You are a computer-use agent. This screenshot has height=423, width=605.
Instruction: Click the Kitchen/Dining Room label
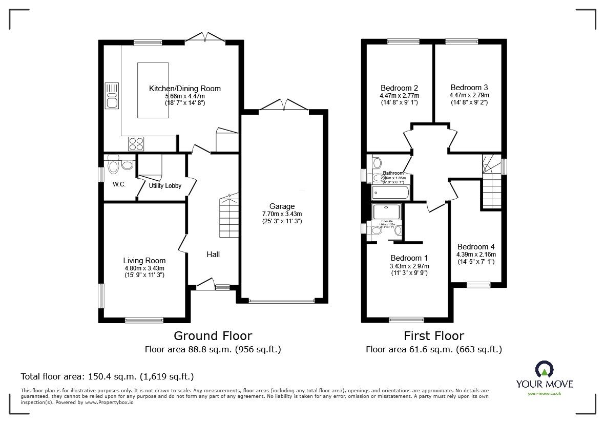pos(184,89)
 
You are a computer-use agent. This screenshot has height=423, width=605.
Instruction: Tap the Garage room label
pos(282,206)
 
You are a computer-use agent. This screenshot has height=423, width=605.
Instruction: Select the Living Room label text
pos(144,261)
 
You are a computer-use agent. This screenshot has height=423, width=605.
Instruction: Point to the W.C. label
pos(119,184)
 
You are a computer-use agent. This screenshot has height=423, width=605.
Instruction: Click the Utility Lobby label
pos(165,186)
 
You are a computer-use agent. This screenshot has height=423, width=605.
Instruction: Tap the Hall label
pos(213,254)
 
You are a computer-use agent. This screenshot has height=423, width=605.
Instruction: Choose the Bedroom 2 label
pos(399,87)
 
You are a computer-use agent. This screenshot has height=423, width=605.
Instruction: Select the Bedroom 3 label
pos(469,87)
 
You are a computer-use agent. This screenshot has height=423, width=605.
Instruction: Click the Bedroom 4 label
pos(476,246)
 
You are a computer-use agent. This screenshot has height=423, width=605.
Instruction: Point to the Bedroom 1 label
pos(409,258)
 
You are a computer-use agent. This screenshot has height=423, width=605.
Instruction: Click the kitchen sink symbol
pos(112,96)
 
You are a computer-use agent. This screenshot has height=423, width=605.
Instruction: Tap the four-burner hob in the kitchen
pos(136,143)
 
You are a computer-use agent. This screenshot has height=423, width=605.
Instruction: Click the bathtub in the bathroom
pos(390,194)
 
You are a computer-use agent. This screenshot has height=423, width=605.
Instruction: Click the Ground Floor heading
pos(213,336)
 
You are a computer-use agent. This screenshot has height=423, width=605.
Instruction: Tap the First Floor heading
pos(433,336)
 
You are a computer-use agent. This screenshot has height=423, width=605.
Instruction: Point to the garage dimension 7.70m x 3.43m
pos(282,214)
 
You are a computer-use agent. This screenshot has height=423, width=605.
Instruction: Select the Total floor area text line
pos(107,376)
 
